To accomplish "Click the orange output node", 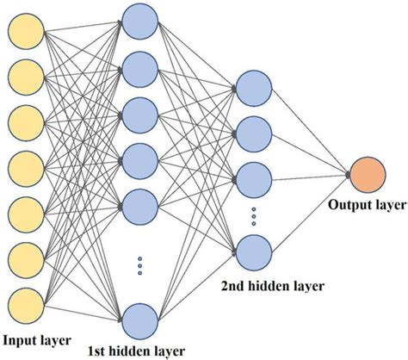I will [x=366, y=175].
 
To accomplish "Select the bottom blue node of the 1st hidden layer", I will [x=139, y=320].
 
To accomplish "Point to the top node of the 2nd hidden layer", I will [x=252, y=88].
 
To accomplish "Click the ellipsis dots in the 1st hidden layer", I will [x=139, y=266].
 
